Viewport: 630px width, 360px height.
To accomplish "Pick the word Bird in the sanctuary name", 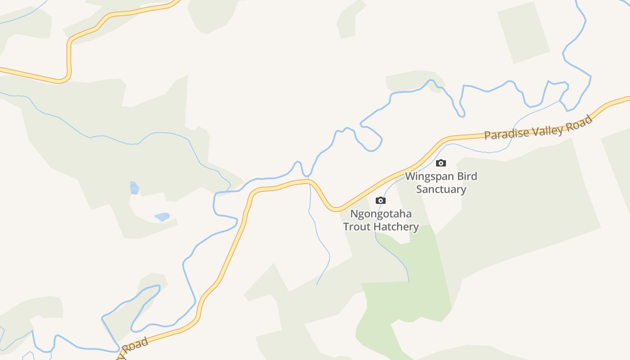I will tap(467, 176).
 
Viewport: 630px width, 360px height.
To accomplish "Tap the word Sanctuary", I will tap(441, 189).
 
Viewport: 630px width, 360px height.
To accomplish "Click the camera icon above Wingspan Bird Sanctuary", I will tap(441, 163).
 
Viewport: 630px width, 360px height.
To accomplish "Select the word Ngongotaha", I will tap(381, 214).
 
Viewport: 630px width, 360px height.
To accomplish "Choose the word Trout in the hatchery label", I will tap(358, 226).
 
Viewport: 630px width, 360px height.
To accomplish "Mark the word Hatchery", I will tap(396, 226).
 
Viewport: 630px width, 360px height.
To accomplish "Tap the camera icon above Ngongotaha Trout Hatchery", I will tap(381, 200).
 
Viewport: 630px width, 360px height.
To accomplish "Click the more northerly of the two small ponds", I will tap(134, 188).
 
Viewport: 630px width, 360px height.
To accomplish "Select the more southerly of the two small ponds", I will tap(162, 217).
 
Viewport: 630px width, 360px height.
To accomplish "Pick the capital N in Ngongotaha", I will tap(354, 213).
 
